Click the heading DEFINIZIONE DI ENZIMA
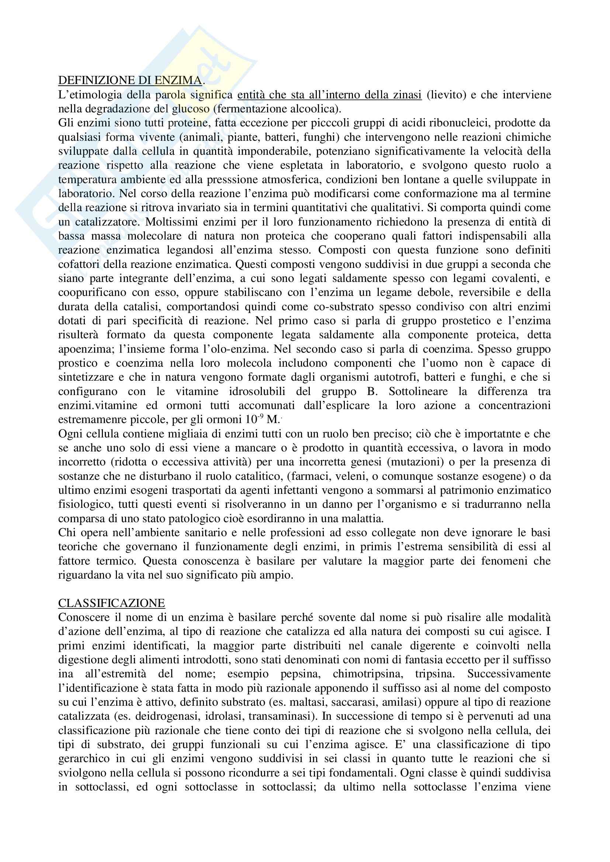130,80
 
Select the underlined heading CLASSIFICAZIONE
111,603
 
